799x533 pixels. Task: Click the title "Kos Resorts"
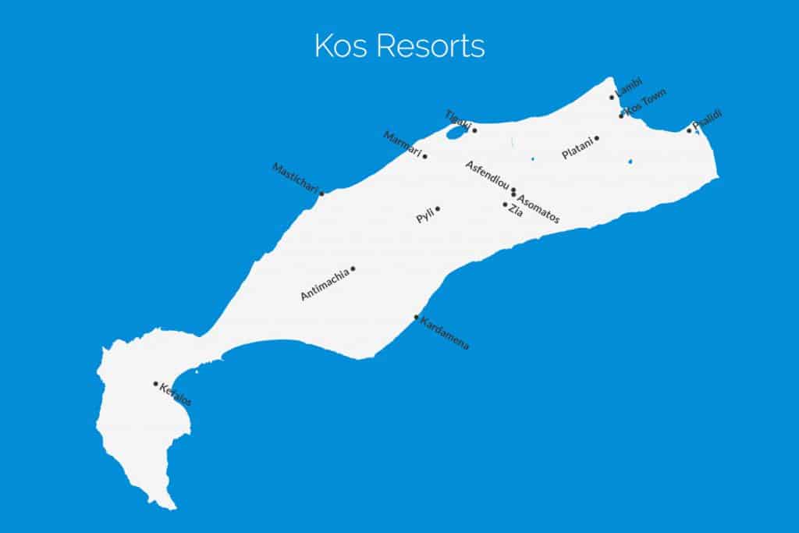pos(399,46)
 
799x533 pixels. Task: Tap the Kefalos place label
pos(176,395)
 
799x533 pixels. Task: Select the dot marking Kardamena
pos(416,317)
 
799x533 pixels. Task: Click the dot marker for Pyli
pos(438,208)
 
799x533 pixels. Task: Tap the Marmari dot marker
pos(424,156)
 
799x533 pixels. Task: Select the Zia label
pos(516,211)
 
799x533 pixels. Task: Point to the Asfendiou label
pos(487,176)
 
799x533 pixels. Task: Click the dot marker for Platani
pos(597,139)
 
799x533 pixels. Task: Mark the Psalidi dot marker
pos(689,130)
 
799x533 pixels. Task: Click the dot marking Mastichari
pos(321,193)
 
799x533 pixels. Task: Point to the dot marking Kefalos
pos(155,384)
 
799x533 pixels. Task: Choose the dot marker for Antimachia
pos(353,268)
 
